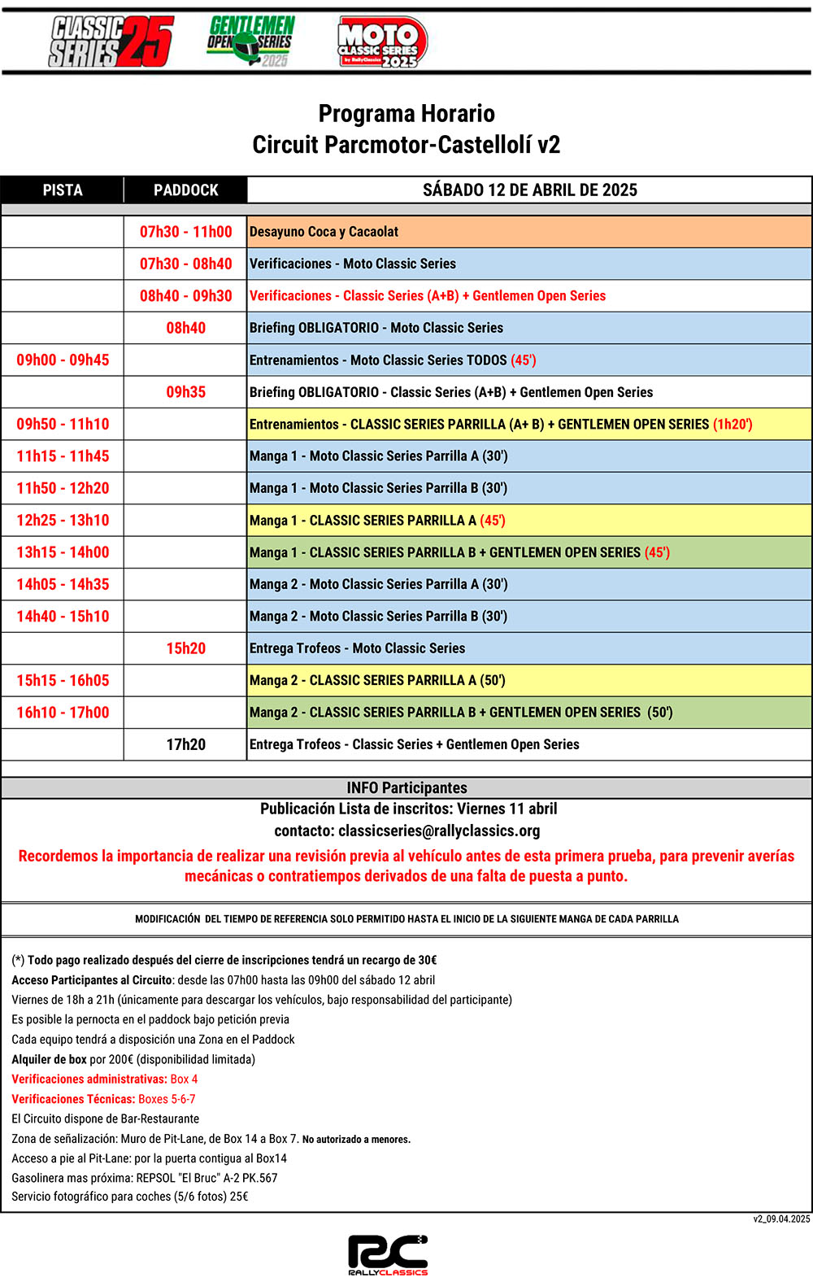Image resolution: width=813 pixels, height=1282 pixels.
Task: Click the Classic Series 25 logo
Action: (111, 41)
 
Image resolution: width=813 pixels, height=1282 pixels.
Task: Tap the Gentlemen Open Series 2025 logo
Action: (250, 41)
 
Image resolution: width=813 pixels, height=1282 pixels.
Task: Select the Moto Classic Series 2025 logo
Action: (381, 42)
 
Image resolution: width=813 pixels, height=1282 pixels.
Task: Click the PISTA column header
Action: (63, 190)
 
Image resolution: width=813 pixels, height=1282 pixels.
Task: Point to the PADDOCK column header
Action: (185, 190)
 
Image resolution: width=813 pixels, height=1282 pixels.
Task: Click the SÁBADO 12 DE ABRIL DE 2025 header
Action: (529, 190)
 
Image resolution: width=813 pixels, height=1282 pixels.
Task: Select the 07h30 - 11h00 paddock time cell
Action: (185, 232)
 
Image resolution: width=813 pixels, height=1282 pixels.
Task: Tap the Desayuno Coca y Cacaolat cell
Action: (324, 232)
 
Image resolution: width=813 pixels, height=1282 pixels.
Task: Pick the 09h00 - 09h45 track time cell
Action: (63, 360)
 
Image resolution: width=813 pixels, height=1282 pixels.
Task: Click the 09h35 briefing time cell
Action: (185, 392)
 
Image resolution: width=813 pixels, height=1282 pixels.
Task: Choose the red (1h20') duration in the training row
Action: (733, 425)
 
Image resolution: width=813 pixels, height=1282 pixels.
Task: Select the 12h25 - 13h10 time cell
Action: (63, 521)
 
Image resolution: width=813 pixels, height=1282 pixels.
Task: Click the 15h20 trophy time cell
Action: (185, 648)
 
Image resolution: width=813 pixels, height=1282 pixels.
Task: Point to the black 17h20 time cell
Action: (185, 744)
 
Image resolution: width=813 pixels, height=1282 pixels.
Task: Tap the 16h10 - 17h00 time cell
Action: (63, 713)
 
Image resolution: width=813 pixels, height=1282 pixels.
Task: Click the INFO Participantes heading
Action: (406, 787)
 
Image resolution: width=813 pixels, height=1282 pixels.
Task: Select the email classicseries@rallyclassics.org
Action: (439, 831)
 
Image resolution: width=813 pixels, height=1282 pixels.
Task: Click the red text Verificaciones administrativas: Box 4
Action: (104, 1079)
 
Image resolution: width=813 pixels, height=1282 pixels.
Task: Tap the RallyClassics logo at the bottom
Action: (388, 1254)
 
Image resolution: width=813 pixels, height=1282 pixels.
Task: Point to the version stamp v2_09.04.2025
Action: (781, 1219)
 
